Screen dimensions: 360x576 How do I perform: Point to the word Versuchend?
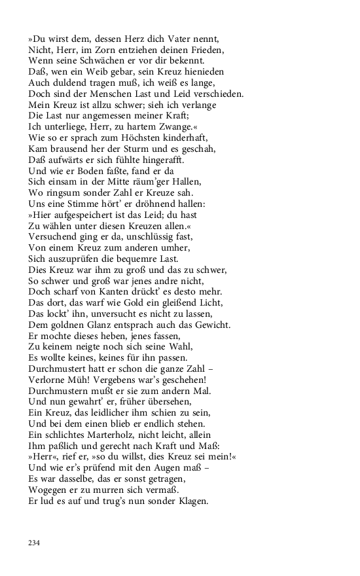tap(53, 236)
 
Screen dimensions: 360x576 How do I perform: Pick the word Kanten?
tap(115, 291)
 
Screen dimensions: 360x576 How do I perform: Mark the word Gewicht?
tap(210, 325)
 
